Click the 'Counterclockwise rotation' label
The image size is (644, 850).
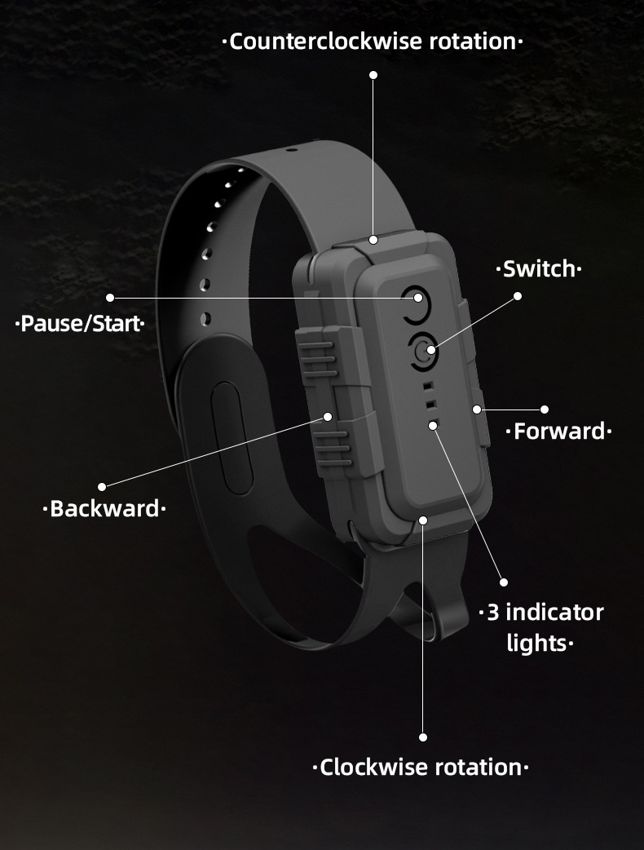pos(373,42)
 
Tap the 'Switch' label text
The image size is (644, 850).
pos(539,268)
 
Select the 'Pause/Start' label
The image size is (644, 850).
pos(80,324)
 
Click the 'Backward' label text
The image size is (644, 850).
pos(104,509)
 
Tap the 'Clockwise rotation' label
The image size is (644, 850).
pos(421,767)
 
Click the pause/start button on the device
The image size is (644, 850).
pos(415,299)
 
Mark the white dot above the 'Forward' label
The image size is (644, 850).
pos(545,409)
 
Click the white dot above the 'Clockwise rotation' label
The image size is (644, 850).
pos(423,737)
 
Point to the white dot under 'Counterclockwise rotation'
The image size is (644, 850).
pos(373,75)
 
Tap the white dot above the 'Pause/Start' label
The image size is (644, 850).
pos(110,298)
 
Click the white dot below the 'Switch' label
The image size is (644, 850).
pos(518,296)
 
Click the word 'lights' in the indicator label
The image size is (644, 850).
pos(536,643)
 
